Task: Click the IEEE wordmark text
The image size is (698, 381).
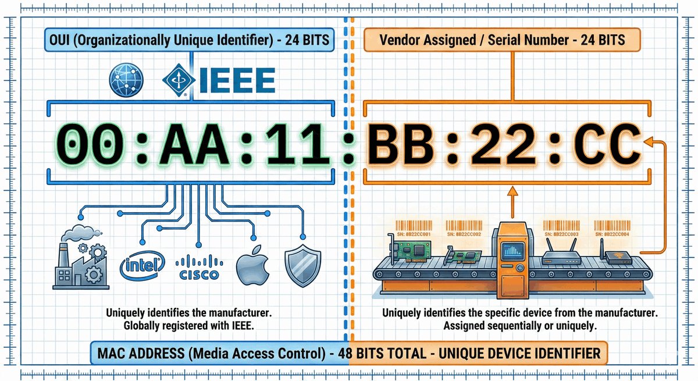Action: [x=237, y=81]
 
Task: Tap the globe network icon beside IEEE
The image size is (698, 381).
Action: [x=126, y=81]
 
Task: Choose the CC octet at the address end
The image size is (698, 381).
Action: [x=605, y=144]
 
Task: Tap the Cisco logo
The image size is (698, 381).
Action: [x=199, y=268]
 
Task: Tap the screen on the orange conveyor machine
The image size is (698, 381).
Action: [x=512, y=251]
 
